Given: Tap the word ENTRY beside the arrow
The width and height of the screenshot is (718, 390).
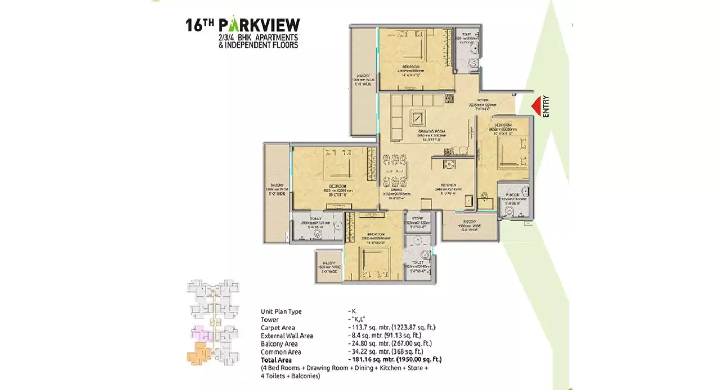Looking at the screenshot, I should pyautogui.click(x=546, y=106).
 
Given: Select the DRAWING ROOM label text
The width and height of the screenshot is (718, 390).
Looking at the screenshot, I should pyautogui.click(x=431, y=131).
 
